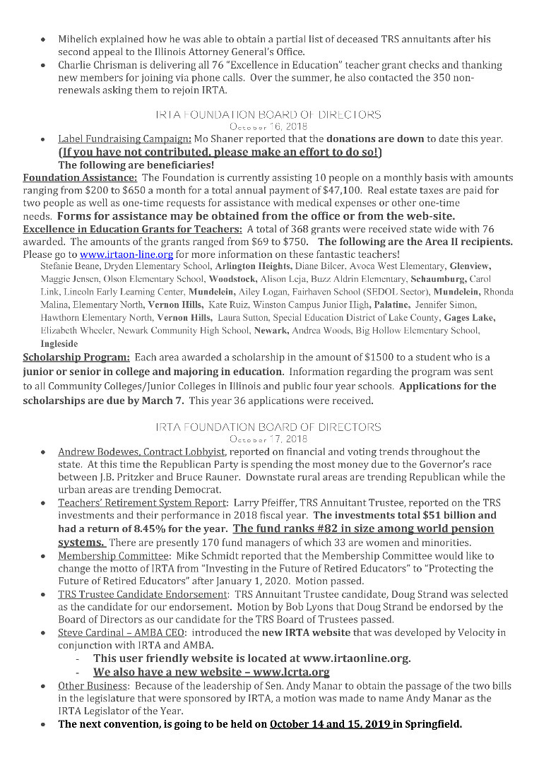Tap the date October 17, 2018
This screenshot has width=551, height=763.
268,438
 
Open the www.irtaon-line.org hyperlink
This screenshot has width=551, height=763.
126,254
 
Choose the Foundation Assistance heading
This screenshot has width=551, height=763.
80,178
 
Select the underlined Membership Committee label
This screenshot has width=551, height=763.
112,556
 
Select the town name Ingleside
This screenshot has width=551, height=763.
59,343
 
